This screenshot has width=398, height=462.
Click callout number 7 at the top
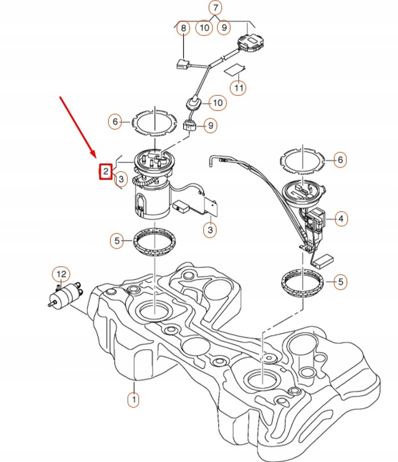(x=215, y=8)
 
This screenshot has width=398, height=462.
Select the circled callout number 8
(x=184, y=28)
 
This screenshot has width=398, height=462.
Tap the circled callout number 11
(x=238, y=87)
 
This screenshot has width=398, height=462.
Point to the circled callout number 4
(x=341, y=219)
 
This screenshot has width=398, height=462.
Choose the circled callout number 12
(x=60, y=275)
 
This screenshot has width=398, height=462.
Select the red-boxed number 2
(x=105, y=171)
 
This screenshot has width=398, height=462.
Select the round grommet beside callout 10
(x=194, y=102)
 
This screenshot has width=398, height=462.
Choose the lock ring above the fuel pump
(x=153, y=122)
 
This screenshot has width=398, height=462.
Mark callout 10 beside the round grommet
(x=217, y=102)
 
